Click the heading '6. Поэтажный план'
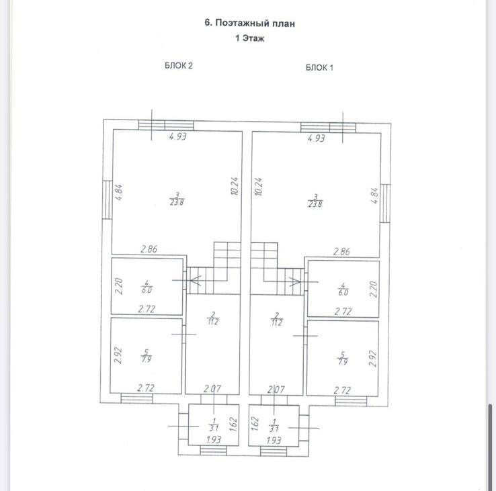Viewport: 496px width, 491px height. coord(249,23)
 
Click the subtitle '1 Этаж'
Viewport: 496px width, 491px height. coord(249,38)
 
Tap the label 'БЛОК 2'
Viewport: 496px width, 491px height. coord(179,66)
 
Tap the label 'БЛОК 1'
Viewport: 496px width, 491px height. coord(320,67)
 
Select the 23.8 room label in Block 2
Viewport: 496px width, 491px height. coord(177,199)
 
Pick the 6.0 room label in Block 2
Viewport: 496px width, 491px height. coord(147,287)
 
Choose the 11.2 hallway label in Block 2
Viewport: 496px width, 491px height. coord(212,318)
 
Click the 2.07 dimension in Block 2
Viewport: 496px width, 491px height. coord(212,389)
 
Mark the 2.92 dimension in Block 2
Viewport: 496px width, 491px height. coord(117,355)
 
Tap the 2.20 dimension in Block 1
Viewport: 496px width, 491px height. coord(374,288)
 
